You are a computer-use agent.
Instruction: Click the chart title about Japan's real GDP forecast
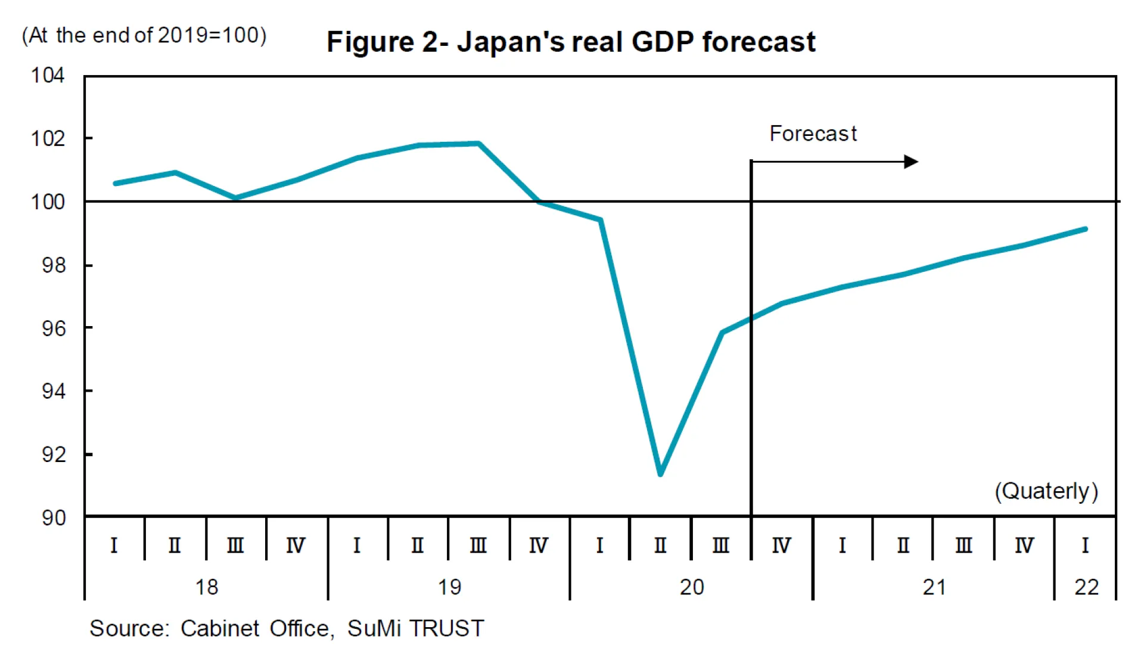pos(570,42)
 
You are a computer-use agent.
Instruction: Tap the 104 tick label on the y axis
pos(48,76)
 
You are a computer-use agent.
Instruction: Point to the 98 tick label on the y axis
pos(54,265)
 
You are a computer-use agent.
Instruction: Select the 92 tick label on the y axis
pos(54,455)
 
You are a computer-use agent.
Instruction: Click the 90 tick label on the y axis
pos(54,517)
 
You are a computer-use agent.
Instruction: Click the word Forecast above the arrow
pos(813,134)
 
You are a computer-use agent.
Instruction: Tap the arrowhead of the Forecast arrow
pos(912,162)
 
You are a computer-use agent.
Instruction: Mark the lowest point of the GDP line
pos(660,474)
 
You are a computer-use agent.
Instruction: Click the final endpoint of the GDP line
pos(1086,229)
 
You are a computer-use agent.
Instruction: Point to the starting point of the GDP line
pos(115,183)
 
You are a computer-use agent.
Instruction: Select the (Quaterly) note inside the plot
pos(1046,491)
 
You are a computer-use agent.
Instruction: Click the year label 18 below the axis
pos(207,588)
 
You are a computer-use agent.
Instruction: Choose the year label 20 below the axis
pos(692,588)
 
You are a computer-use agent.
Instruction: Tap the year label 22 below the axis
pos(1086,588)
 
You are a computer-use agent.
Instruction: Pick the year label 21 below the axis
pos(934,588)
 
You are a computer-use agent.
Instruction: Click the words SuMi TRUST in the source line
pos(415,628)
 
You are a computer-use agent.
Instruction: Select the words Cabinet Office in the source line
pos(255,628)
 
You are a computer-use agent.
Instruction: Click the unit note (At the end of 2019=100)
pos(144,35)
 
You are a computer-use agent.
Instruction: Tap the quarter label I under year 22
pos(1085,545)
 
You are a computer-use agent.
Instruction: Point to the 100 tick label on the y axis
pos(48,202)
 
